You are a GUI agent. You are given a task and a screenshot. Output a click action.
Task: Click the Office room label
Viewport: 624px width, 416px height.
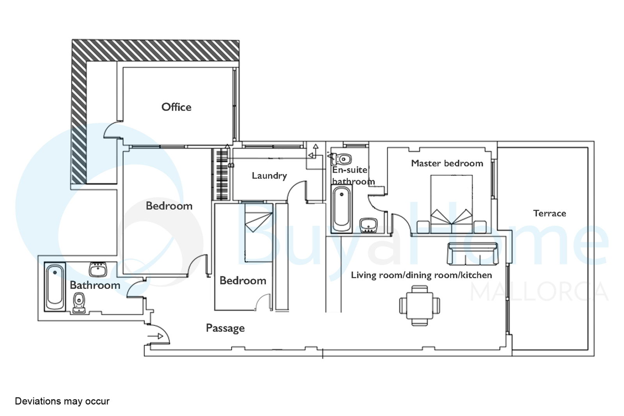tap(176, 107)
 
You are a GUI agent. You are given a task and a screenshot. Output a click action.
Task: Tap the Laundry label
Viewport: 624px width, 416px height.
tap(269, 175)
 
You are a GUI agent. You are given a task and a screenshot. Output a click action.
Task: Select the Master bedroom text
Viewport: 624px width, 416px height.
tap(447, 163)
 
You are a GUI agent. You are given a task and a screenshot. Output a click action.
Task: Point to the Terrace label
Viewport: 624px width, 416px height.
tap(550, 213)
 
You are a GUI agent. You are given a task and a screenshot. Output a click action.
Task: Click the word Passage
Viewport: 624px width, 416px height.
tap(225, 328)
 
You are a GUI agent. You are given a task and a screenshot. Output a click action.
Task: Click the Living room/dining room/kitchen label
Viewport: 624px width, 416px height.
tap(421, 275)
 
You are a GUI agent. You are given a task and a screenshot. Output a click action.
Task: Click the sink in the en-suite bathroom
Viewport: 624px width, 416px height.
tap(369, 225)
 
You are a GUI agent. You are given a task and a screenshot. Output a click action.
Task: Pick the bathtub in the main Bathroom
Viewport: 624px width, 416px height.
tap(55, 287)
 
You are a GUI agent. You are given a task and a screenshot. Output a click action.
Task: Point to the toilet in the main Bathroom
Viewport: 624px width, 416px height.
tap(79, 303)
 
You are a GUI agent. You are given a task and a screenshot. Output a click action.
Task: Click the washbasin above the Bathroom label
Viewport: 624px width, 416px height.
tap(98, 269)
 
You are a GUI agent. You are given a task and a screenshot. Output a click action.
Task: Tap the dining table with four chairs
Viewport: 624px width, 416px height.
tap(420, 306)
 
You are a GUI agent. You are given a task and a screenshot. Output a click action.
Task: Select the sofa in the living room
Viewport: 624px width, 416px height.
tap(472, 253)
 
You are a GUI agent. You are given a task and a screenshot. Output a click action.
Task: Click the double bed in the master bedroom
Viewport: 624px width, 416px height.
tap(452, 204)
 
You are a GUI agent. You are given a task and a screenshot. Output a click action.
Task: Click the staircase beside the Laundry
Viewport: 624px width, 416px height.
tap(222, 174)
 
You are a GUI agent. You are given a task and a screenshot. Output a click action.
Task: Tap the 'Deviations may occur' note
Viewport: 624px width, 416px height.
tap(62, 401)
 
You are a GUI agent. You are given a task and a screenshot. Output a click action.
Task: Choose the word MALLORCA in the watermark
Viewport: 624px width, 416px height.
tap(539, 291)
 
